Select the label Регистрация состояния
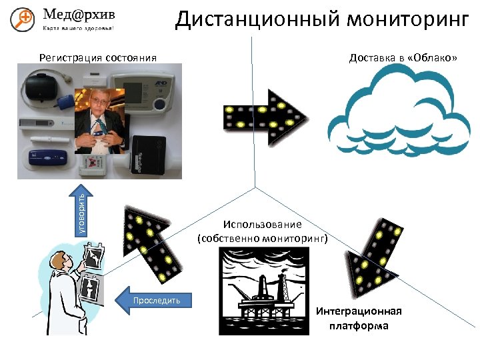97,57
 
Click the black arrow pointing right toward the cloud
264,117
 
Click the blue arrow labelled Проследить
154,300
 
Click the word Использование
263,225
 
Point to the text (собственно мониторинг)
263,237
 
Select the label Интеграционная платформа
359,319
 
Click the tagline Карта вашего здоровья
78,29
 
